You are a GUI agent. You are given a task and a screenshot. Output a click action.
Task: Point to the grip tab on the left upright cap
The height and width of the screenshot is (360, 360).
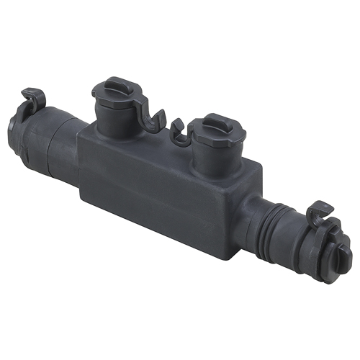point(115,85)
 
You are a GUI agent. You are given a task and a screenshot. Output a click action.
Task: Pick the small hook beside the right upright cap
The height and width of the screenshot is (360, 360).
point(178,130)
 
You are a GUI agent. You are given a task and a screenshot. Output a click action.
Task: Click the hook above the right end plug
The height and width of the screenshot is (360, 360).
point(320,213)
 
